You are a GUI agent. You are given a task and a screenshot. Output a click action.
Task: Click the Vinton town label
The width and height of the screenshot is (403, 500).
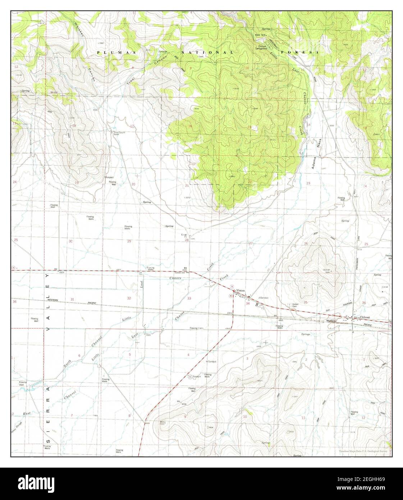click(x=241, y=290)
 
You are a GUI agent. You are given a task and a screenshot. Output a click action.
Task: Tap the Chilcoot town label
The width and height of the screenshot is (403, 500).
click(x=365, y=317)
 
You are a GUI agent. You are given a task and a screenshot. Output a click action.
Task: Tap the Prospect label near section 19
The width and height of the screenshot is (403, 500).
click(x=109, y=177)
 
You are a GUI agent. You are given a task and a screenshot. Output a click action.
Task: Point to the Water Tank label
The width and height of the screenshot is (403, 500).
click(x=260, y=35)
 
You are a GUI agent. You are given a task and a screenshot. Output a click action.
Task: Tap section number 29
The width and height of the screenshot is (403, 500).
click(x=129, y=241)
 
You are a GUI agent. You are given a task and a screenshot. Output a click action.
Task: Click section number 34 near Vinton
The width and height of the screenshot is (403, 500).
click(x=248, y=303)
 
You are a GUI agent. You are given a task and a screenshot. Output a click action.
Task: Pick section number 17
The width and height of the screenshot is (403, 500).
click(x=132, y=126)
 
